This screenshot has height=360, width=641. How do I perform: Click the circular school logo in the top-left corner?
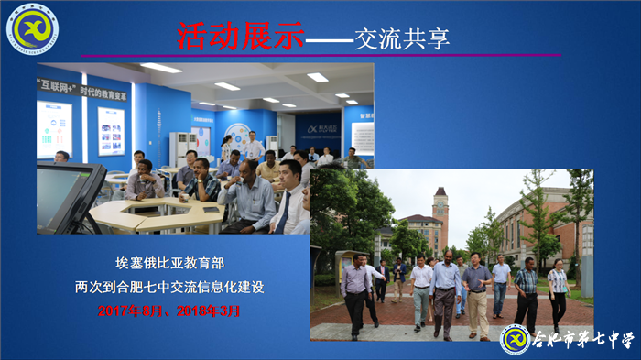click(35, 27)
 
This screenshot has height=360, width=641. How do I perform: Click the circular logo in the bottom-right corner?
click(516, 340)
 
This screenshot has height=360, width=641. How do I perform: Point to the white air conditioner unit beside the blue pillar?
click(181, 147)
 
